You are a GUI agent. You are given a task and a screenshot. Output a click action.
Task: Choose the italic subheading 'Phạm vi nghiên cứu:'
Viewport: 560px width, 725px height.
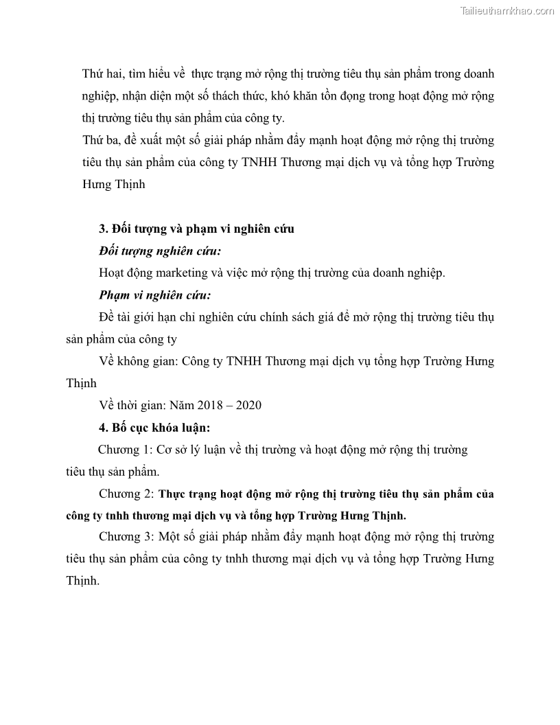[x=154, y=295]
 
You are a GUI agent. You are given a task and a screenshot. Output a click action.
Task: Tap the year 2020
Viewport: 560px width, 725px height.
[x=248, y=405]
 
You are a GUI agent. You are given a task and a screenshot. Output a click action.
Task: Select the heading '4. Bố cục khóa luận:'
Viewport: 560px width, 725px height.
[x=154, y=428]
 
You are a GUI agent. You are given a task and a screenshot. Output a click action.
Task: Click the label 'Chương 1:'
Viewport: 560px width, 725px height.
[x=124, y=450]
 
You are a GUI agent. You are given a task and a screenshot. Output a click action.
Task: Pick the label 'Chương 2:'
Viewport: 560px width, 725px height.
[x=126, y=494]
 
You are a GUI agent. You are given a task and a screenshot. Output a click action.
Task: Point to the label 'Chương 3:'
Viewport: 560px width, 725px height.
[x=126, y=536]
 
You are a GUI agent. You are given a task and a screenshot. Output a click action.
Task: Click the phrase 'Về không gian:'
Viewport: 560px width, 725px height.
[x=139, y=361]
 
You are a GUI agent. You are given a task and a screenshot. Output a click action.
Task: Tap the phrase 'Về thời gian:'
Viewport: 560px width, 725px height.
[x=135, y=405]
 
